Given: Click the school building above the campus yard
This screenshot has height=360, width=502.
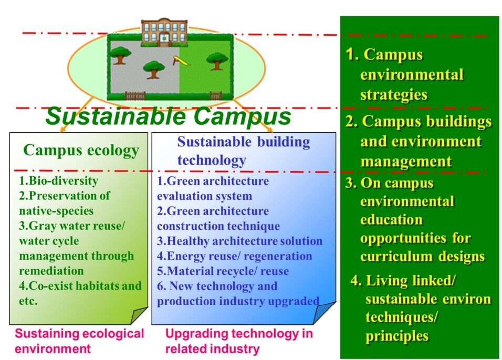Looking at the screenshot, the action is click(164, 33).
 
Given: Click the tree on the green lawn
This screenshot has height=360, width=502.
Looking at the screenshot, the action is click(217, 61).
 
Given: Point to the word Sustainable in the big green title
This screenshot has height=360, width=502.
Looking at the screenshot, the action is click(116, 116).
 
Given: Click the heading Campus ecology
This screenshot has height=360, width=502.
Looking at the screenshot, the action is click(81, 151).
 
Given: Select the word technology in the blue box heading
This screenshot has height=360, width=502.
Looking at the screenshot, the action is click(212, 160).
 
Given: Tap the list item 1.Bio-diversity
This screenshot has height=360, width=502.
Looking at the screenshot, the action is click(58, 181).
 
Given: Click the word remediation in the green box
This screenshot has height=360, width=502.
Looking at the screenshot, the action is click(51, 271).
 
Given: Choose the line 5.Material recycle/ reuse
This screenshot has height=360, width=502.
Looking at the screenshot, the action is click(223, 271).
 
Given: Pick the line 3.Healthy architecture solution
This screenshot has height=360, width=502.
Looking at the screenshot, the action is click(239, 241).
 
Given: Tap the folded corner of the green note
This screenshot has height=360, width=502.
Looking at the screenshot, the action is click(139, 315).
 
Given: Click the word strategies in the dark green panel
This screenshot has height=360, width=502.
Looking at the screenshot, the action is click(394, 95).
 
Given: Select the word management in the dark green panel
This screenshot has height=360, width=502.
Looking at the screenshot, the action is click(406, 161).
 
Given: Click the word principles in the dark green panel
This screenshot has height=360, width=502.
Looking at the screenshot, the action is click(397, 336).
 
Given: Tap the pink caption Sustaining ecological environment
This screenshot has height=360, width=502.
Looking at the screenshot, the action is click(79, 341).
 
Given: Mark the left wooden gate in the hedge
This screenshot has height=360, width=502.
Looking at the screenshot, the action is click(135, 96).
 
